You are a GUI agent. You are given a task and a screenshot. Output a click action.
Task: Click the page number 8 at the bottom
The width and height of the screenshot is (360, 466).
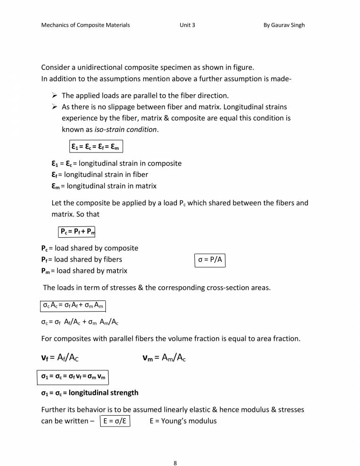(175, 450)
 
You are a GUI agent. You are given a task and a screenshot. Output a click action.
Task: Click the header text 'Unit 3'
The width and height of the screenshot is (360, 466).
(187, 25)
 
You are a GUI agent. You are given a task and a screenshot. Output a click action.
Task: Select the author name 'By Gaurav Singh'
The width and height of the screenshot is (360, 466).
(284, 25)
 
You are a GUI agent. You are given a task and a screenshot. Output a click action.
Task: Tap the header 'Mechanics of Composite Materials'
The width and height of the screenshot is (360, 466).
(86, 25)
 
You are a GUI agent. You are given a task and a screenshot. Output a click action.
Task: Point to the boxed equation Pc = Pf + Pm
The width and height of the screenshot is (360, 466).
(78, 231)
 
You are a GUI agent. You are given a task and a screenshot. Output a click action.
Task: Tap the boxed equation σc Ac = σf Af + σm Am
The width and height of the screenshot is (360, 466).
(71, 305)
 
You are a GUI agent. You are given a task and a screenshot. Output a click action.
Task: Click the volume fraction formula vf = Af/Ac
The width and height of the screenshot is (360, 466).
(60, 358)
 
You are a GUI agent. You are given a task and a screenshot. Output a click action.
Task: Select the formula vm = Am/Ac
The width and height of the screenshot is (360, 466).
(164, 358)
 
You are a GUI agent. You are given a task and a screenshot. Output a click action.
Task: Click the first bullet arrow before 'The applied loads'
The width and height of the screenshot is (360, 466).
(54, 96)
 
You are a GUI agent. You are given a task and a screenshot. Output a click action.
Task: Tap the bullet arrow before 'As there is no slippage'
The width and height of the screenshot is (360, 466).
(54, 107)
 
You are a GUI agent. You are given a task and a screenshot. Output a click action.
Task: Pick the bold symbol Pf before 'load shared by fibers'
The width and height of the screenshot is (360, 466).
(46, 259)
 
